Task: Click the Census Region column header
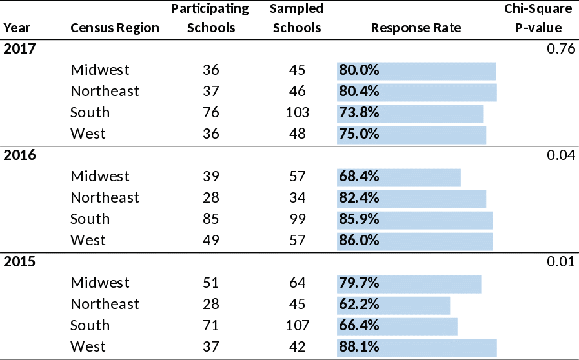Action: pos(114,28)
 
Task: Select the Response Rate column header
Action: pos(416,28)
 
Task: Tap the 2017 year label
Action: pos(19,49)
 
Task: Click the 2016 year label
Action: pos(19,155)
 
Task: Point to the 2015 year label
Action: pos(19,262)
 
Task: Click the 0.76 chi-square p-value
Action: pos(560,49)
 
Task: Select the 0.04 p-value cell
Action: pos(560,155)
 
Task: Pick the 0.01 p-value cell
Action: pos(560,262)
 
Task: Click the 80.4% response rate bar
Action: pos(416,92)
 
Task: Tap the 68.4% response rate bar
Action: pos(398,177)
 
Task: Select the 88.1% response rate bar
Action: pos(416,347)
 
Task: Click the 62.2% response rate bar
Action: pos(393,304)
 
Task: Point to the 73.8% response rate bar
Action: pos(410,113)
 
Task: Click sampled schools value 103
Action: pos(297,113)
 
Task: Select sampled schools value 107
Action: pos(297,325)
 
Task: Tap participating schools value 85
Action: pos(211,219)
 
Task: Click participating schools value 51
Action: pos(211,283)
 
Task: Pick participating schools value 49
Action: pos(211,241)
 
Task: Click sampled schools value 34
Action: pos(297,198)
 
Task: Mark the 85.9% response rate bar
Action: pos(414,219)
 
